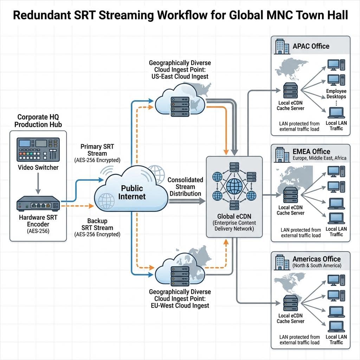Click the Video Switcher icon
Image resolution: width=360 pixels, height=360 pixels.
click(x=38, y=149)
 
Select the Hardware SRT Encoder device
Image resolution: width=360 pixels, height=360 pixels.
click(x=38, y=204)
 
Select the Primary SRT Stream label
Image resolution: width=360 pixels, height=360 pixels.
click(x=97, y=150)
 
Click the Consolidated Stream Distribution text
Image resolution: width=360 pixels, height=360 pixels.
click(x=185, y=186)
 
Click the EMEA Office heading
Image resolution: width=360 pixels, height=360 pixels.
click(x=311, y=152)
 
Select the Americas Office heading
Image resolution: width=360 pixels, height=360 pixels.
click(x=317, y=259)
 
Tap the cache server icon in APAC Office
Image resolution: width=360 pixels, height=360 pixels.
click(x=290, y=91)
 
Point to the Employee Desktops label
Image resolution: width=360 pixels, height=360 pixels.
click(x=336, y=94)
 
